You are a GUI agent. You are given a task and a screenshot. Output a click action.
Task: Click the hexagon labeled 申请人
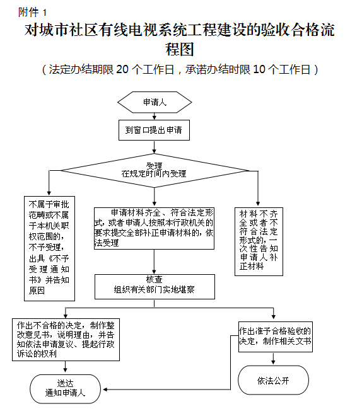coord(155,102)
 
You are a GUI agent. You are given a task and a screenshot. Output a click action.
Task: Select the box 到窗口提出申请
coord(154,130)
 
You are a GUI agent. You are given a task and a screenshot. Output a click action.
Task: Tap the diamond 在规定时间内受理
coord(154,170)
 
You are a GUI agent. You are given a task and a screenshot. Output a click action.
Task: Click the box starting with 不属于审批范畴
coord(49,248)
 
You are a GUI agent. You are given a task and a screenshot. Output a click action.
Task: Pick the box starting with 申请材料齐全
coord(154,228)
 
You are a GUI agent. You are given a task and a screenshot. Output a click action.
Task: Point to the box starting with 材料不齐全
coord(259,241)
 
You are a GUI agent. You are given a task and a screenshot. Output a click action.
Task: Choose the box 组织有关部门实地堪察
coord(155,287)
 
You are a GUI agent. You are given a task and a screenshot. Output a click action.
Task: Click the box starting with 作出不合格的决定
coord(66,340)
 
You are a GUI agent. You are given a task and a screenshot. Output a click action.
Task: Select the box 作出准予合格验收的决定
coord(276,337)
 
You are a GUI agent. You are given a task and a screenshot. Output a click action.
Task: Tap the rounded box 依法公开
coord(273,380)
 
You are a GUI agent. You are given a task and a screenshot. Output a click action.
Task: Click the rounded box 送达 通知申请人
coord(66,389)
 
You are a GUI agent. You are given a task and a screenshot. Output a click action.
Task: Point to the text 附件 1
coord(32,12)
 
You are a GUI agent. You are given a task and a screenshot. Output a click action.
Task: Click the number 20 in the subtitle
coord(122,69)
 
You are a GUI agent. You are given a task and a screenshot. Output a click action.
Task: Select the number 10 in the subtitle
coord(259,69)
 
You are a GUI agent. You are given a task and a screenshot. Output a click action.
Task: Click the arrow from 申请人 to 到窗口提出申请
coord(155,117)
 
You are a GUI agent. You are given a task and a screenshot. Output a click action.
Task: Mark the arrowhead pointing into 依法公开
coord(273,362)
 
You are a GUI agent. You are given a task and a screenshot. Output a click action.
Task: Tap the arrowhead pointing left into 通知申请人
coord(105,390)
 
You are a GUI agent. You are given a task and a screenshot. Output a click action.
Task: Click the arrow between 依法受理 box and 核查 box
coord(154,262)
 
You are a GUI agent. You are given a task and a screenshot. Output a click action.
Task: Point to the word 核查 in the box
coord(154,279)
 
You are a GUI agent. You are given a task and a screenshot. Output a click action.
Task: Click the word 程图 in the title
coord(180,49)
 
